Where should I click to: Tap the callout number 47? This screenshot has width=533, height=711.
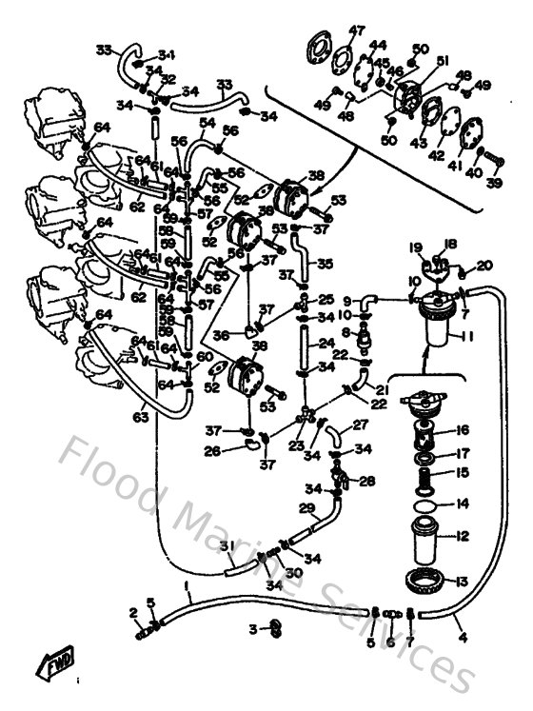coord(357,30)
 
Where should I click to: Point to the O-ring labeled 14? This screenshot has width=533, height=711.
coord(428,504)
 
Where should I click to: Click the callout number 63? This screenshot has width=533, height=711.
coord(141,416)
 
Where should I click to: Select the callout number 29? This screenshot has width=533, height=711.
coord(306,508)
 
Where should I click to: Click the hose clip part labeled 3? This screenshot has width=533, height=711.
coord(273,627)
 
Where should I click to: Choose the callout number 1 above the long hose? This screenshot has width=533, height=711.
coord(187,584)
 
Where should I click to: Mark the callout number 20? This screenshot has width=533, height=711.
coord(484,266)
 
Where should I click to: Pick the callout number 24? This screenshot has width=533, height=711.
coord(326,344)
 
